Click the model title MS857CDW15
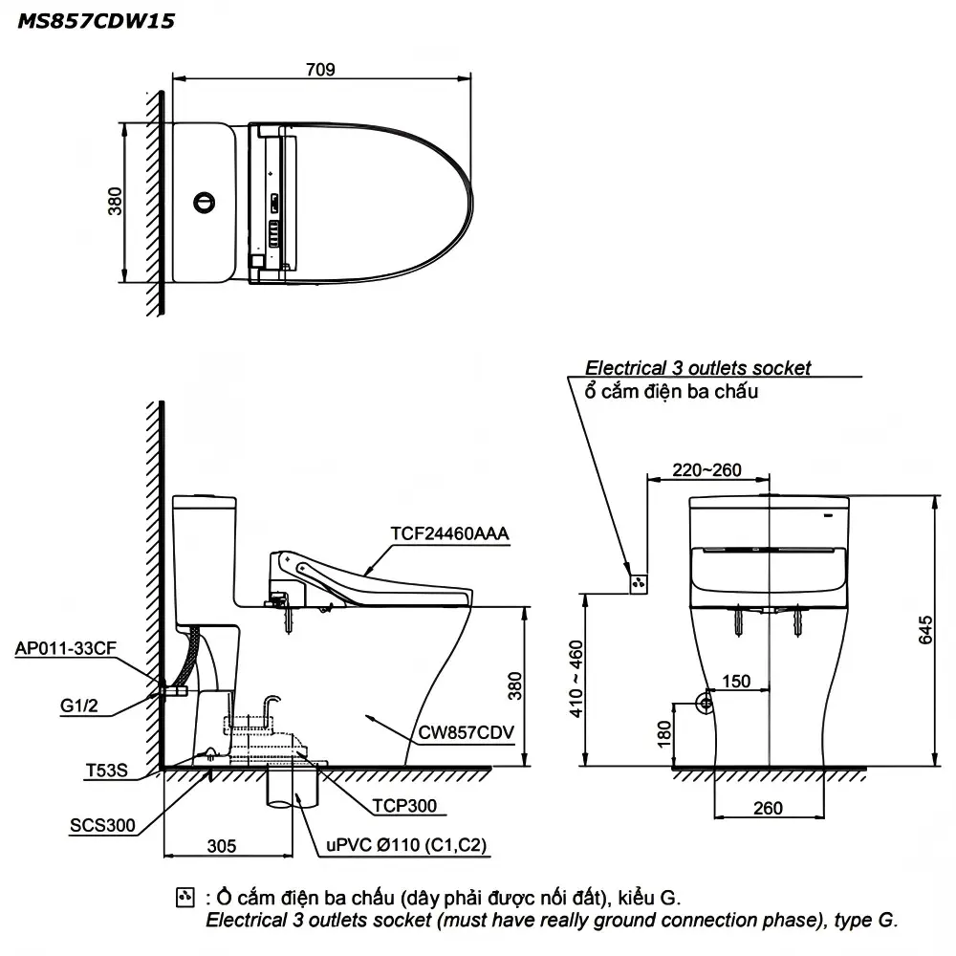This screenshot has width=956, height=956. tap(96, 21)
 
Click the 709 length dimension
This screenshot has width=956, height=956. tap(320, 70)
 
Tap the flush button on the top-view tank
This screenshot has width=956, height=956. tap(205, 203)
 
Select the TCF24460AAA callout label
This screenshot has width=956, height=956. tap(449, 533)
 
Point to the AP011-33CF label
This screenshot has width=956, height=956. tap(65, 648)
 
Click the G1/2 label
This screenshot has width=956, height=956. tap(78, 706)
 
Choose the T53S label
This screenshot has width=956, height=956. tap(107, 771)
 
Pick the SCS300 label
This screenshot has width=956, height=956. tap(102, 826)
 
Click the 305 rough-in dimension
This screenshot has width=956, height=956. tap(222, 846)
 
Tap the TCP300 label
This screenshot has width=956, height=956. tap(404, 806)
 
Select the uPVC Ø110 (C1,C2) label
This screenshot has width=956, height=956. tap(406, 845)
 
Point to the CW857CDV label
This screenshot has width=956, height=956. tap(466, 732)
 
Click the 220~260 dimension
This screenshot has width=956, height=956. tap(706, 470)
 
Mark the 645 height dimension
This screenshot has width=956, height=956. tap(925, 630)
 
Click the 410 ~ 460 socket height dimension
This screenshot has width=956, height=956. tap(576, 679)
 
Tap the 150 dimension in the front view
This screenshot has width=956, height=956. tap(736, 681)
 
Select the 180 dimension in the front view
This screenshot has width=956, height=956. tap(664, 734)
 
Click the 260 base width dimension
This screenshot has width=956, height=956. tap(768, 808)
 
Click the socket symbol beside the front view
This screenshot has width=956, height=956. tap(639, 583)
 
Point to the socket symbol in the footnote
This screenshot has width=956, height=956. tap(185, 898)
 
